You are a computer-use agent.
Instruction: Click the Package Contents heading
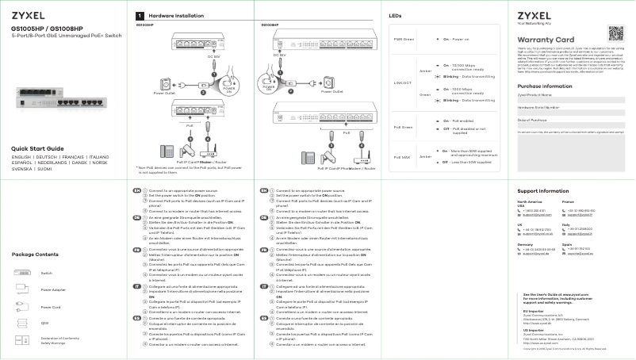[36, 254]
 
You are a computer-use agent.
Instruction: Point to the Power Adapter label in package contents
[54, 290]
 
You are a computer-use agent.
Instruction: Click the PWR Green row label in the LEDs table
[404, 38]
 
